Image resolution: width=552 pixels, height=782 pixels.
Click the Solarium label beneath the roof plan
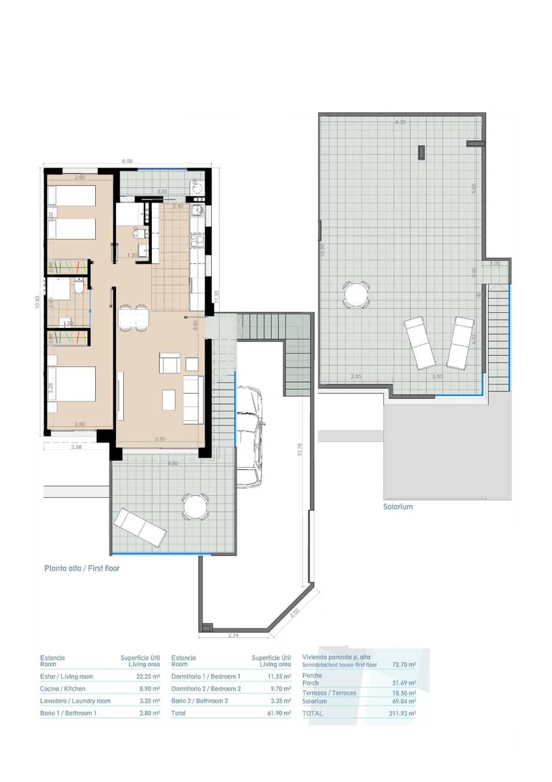point(398,506)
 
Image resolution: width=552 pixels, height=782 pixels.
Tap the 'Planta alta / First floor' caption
point(82,568)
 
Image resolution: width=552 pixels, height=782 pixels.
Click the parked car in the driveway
point(249,435)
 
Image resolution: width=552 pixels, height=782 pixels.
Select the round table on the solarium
point(356,295)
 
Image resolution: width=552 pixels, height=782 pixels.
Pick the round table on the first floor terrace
point(195,506)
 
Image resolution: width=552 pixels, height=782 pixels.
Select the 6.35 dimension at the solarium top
point(400,122)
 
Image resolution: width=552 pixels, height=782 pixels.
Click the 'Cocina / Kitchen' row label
point(63,689)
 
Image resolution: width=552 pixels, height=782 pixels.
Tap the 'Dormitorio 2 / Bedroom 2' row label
point(206,689)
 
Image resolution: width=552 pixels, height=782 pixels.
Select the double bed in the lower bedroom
point(72,389)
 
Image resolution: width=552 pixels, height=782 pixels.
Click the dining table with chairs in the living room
point(134,317)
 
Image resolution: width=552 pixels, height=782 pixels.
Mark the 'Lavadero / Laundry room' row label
point(76,701)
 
